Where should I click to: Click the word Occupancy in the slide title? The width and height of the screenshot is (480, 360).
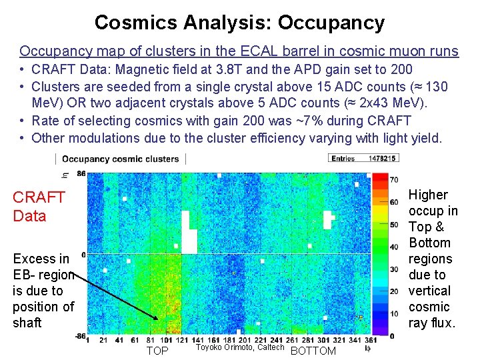pos(331,23)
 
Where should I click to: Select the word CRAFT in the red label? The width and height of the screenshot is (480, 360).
pos(39,197)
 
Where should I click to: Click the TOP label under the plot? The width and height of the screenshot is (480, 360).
pos(157,351)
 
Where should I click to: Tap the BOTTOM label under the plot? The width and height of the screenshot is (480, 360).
pos(313,351)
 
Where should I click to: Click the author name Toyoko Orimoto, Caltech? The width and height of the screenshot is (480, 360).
pos(240,347)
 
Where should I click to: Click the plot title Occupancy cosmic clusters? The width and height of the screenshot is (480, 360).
pos(121,159)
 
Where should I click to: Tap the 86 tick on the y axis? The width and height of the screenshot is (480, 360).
pos(81,174)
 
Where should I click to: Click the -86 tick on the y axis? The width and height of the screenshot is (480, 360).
pos(79,335)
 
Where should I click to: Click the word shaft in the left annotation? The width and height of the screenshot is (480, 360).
pos(27,323)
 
